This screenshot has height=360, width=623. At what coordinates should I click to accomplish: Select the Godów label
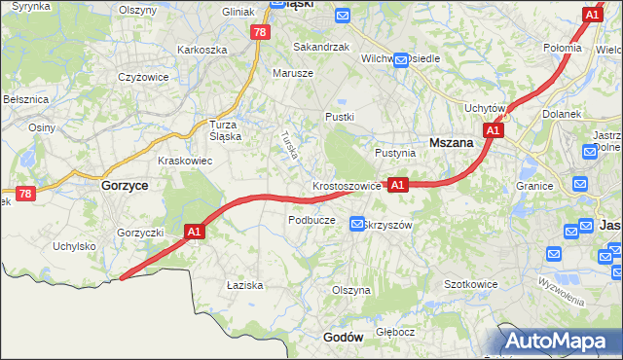pos(343,337)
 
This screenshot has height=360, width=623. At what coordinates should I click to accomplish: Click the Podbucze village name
pos(311,220)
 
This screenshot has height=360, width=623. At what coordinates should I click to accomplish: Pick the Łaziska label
pos(244,285)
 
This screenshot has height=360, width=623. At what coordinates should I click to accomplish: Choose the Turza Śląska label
pos(231,130)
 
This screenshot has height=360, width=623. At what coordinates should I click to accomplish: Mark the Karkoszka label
pos(202,49)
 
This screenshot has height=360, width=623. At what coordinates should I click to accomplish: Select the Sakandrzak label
pos(320,46)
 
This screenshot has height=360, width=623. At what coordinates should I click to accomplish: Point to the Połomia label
pos(562,48)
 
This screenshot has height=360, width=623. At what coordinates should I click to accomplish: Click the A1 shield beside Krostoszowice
pos(397,184)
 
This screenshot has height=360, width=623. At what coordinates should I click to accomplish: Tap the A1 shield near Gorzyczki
pos(194,232)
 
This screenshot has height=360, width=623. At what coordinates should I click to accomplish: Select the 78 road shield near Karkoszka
pos(259,32)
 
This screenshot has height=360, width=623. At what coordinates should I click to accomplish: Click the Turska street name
pos(289,145)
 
